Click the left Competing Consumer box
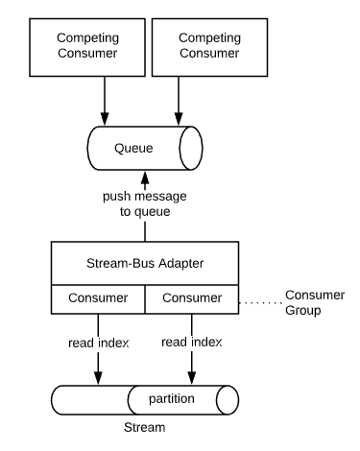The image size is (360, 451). [x=87, y=47]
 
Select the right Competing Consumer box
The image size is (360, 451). [x=209, y=47]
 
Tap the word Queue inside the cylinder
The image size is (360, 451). [x=133, y=148]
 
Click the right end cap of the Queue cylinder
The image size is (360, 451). [x=191, y=148]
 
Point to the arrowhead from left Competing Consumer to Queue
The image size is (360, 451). [x=105, y=119]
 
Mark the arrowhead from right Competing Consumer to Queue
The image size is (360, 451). [x=179, y=119]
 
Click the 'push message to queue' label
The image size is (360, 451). [x=145, y=203]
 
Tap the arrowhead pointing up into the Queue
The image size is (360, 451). [x=145, y=178]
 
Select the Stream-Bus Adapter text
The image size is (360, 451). [x=145, y=263]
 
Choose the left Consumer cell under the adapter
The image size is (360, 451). [x=98, y=299]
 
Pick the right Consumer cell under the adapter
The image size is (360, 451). [x=192, y=299]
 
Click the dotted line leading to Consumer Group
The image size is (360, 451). [x=261, y=302]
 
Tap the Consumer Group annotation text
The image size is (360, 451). [x=315, y=302]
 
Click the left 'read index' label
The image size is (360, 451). [x=99, y=343]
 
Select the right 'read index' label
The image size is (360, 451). [x=192, y=343]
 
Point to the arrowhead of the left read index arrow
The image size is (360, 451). [x=98, y=378]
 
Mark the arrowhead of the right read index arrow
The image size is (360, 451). [x=192, y=378]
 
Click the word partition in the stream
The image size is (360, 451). [x=172, y=399]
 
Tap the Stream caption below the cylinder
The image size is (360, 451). [x=145, y=427]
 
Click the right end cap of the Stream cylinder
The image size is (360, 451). [x=228, y=400]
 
